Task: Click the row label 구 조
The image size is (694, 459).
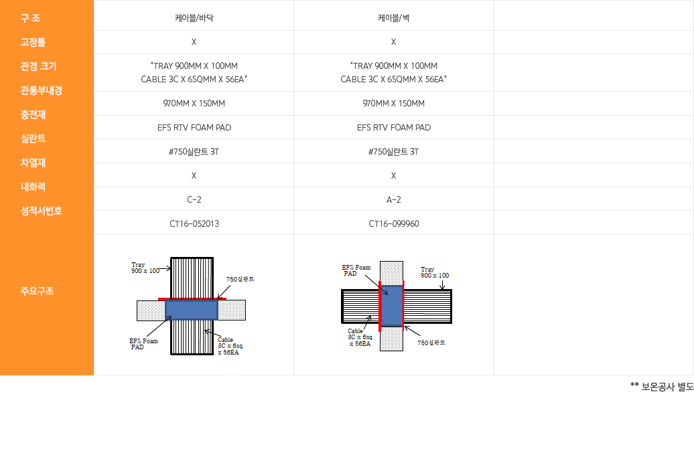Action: [x=30, y=18]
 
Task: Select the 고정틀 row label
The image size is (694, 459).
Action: [x=33, y=42]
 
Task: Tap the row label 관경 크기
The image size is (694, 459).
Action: [x=38, y=66]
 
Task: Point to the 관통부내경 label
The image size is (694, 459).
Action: [x=41, y=90]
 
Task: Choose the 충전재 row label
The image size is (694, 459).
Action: [x=33, y=114]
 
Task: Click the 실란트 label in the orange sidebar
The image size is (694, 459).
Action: [x=33, y=139]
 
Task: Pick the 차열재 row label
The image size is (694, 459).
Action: [x=33, y=163]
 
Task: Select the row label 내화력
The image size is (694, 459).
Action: [x=33, y=187]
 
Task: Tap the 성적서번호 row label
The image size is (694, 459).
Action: [x=41, y=211]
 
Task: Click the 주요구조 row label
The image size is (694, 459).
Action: [x=37, y=291]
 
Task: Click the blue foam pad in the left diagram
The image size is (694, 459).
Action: [x=192, y=310]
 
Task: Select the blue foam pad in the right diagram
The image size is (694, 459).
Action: [x=391, y=306]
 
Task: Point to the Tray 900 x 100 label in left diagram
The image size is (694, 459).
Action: [x=145, y=268]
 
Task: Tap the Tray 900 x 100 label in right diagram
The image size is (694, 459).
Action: [x=435, y=272]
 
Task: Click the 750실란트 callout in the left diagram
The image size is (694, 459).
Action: [x=240, y=279]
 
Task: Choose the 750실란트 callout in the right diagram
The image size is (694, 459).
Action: [x=431, y=343]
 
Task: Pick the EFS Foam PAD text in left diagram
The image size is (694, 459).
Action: [x=143, y=344]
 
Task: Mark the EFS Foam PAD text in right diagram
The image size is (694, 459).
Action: [x=356, y=270]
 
